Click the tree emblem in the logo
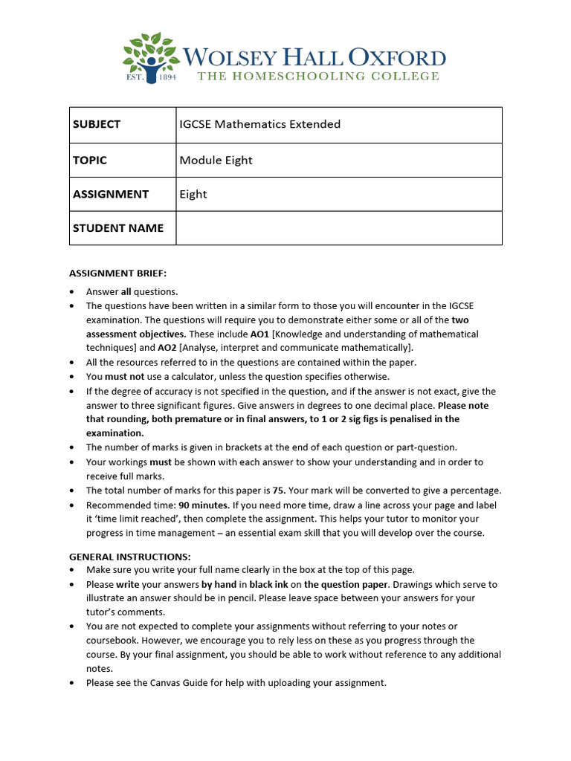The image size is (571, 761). point(152,54)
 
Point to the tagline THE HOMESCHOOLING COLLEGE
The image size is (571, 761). point(317,76)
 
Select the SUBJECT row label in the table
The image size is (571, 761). point(97,124)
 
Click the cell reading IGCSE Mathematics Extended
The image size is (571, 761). point(259,124)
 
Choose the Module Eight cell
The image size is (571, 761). point(216,160)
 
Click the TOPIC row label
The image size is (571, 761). point(90,160)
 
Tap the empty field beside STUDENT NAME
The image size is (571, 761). point(338,228)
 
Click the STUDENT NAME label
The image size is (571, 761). point(117,228)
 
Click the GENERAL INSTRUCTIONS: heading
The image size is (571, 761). point(129,556)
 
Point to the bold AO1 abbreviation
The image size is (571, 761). point(259,334)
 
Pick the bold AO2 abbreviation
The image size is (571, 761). point(167,348)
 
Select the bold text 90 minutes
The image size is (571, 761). point(204,505)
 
